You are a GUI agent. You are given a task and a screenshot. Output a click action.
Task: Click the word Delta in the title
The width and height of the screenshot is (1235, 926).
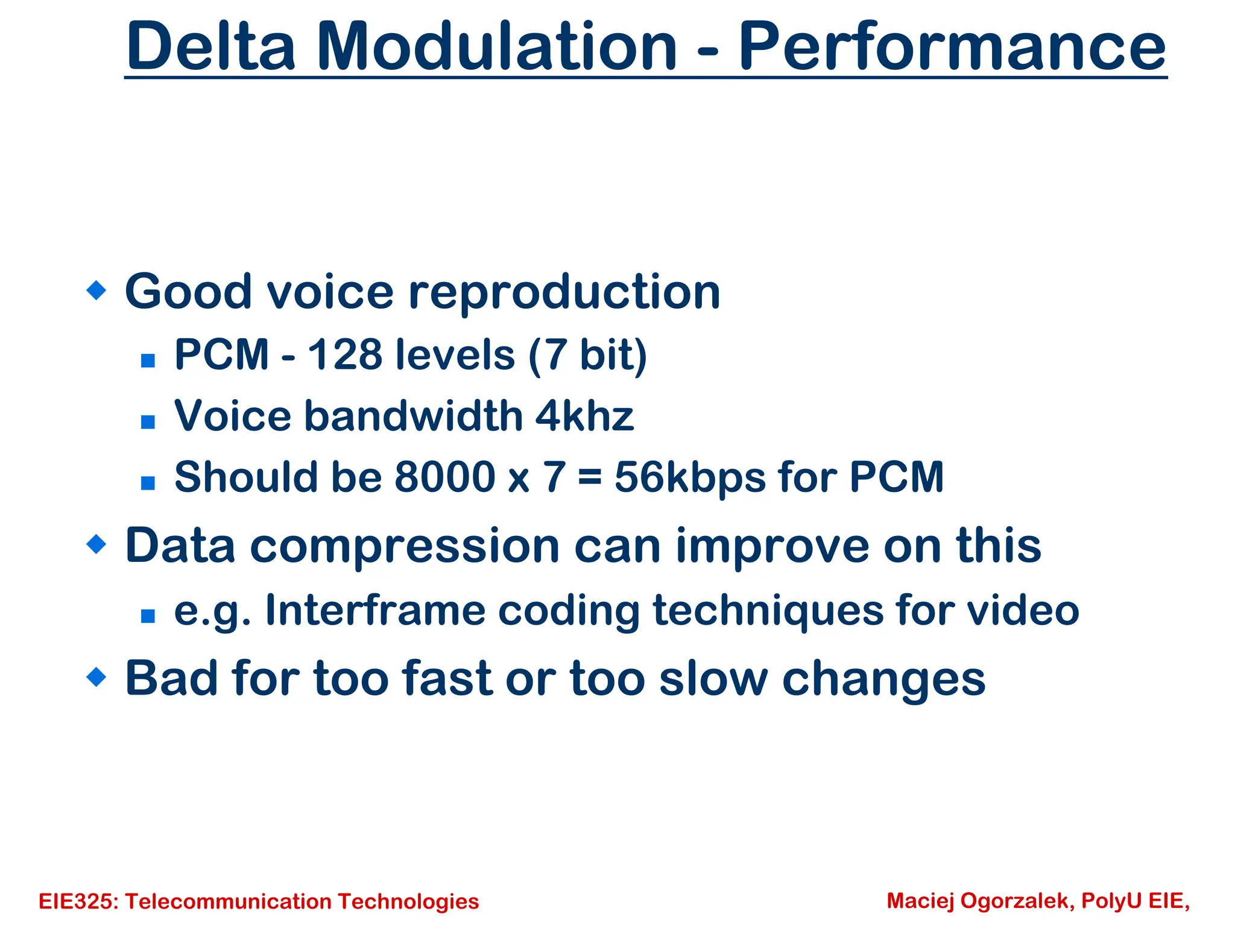[210, 46]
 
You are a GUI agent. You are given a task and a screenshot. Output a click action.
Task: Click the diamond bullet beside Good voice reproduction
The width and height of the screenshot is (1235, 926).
[96, 290]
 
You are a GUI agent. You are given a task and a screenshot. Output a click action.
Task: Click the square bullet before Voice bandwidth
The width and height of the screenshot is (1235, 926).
[148, 421]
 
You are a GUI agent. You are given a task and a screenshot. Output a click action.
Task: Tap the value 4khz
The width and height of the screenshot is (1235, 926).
[584, 416]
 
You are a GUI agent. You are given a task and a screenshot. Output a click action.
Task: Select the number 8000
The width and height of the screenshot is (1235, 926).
[444, 477]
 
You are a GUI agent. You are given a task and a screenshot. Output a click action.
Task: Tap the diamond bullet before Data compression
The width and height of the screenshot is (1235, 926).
[96, 544]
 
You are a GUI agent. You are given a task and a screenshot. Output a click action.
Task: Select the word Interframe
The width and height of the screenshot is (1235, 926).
[375, 610]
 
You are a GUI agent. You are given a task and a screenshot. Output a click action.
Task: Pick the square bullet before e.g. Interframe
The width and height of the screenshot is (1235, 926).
[148, 616]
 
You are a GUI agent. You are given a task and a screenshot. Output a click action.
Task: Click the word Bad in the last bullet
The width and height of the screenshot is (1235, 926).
[171, 678]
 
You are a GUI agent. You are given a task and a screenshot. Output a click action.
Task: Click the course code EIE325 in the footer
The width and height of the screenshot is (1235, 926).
[78, 901]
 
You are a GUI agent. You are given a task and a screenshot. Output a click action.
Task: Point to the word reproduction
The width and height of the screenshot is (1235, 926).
[564, 292]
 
